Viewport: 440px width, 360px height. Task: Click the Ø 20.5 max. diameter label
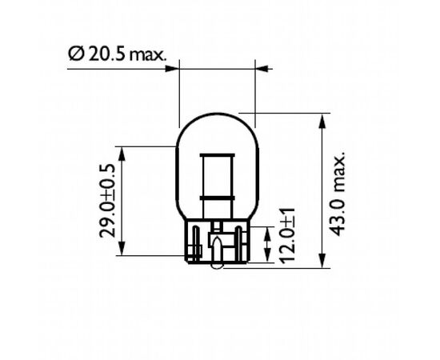(118, 54)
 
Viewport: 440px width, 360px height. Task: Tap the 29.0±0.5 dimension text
(107, 201)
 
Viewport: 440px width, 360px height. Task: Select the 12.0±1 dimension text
(287, 236)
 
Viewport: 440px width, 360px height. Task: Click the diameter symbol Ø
(76, 54)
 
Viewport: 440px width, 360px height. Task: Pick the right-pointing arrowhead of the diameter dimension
(172, 69)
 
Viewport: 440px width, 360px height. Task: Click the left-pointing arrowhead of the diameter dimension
(262, 69)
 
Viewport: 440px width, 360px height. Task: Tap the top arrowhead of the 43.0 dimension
(322, 121)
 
